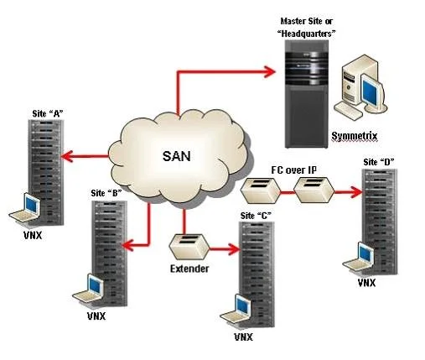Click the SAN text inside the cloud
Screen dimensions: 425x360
[177, 156]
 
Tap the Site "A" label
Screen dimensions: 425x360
[48, 113]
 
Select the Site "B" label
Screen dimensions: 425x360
[106, 193]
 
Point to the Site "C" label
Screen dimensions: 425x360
[256, 216]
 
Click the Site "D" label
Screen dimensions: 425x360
[379, 162]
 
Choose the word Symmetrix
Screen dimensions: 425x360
[355, 136]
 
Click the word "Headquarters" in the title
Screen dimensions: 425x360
[307, 34]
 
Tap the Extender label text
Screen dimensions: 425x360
[189, 269]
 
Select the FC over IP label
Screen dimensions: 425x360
[294, 170]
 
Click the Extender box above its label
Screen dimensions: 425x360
[189, 247]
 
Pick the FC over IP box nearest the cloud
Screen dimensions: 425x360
[260, 190]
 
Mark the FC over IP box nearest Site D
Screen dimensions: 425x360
[314, 190]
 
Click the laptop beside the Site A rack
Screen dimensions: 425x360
[24, 208]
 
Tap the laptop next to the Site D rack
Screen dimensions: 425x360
[358, 257]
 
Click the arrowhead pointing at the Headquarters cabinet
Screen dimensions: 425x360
[270, 72]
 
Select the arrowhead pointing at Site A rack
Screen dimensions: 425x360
[67, 156]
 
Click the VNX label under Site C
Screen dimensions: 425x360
[244, 337]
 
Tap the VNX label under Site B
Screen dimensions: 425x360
[96, 316]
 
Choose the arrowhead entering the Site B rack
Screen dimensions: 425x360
[127, 245]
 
